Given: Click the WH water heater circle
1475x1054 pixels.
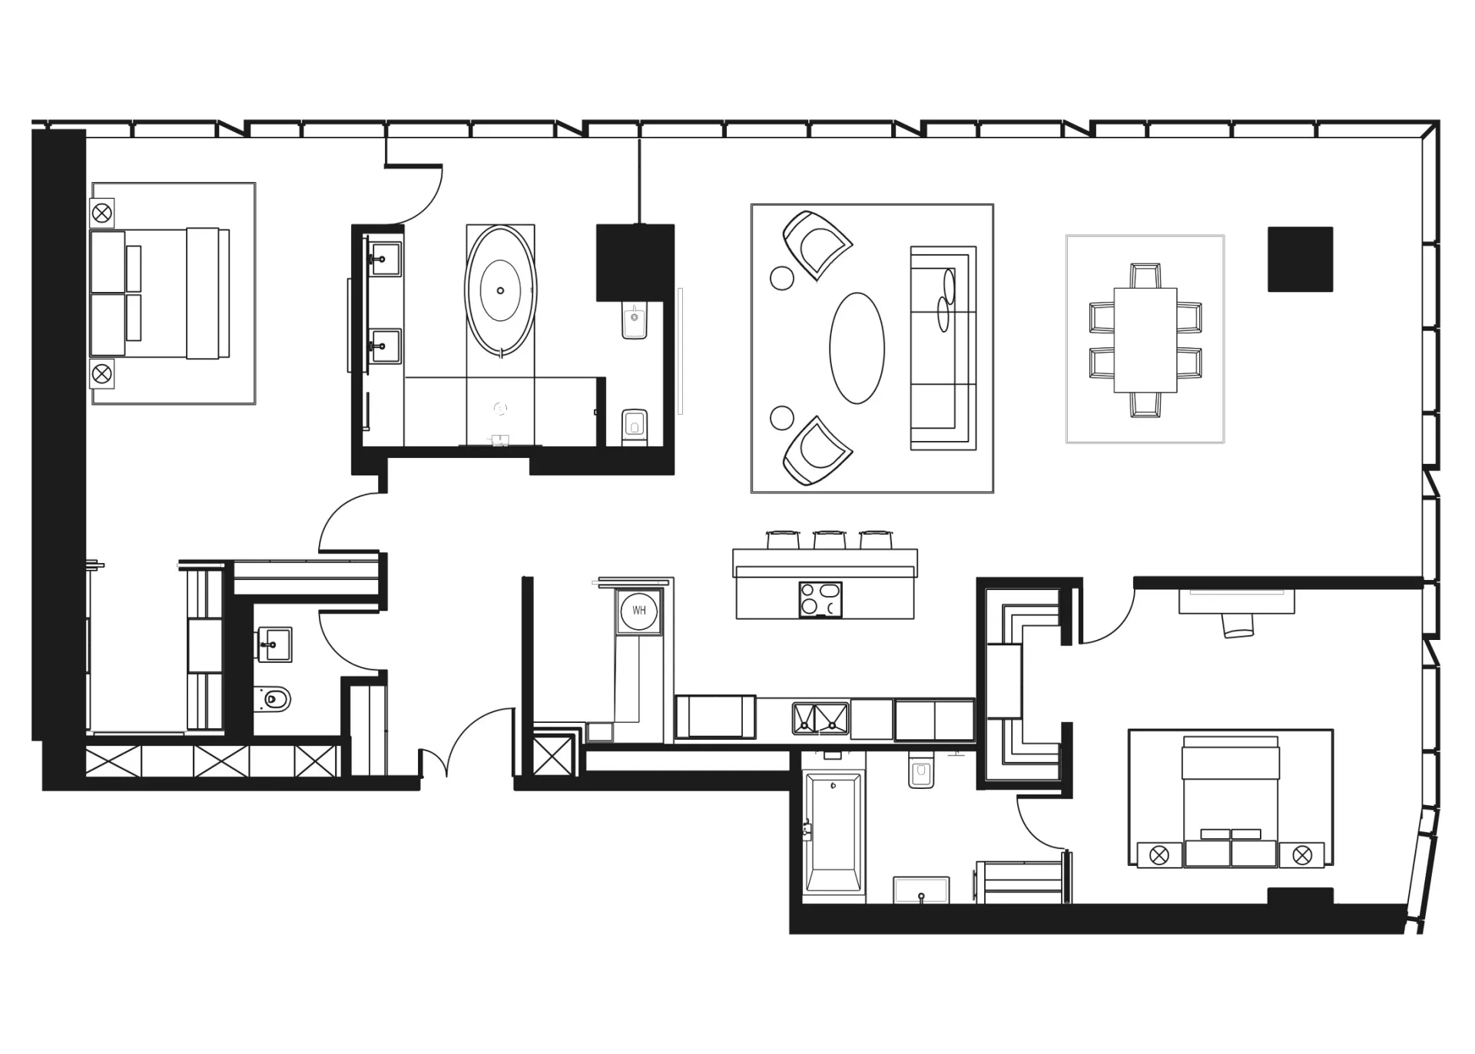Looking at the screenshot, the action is pyautogui.click(x=639, y=611).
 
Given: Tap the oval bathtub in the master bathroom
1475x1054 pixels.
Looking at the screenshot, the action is pyautogui.click(x=501, y=291).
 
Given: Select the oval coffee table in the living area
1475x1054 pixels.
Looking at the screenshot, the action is pyautogui.click(x=857, y=348).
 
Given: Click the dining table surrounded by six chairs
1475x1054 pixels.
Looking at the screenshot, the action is pyautogui.click(x=1145, y=340).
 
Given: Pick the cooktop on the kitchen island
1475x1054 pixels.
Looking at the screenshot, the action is pyautogui.click(x=820, y=599).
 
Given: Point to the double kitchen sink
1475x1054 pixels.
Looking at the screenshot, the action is pyautogui.click(x=820, y=718).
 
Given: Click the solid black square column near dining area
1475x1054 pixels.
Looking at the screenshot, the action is pyautogui.click(x=1300, y=259).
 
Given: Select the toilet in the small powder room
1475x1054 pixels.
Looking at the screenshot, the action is pyautogui.click(x=273, y=699).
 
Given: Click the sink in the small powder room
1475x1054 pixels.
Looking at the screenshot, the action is pyautogui.click(x=274, y=644).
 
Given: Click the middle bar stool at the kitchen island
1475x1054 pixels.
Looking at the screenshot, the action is pyautogui.click(x=830, y=539).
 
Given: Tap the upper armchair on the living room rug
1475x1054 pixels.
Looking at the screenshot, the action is pyautogui.click(x=816, y=244).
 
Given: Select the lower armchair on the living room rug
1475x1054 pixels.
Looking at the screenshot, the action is pyautogui.click(x=816, y=452).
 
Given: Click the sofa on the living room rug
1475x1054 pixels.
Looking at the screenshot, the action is pyautogui.click(x=943, y=348).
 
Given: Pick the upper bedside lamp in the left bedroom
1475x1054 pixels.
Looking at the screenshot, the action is pyautogui.click(x=102, y=212).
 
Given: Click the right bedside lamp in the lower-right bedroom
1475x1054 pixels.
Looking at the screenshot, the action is pyautogui.click(x=1301, y=854).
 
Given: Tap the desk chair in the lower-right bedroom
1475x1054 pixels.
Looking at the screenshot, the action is pyautogui.click(x=1238, y=625).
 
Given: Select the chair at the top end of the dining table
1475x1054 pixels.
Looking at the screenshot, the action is pyautogui.click(x=1145, y=276).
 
